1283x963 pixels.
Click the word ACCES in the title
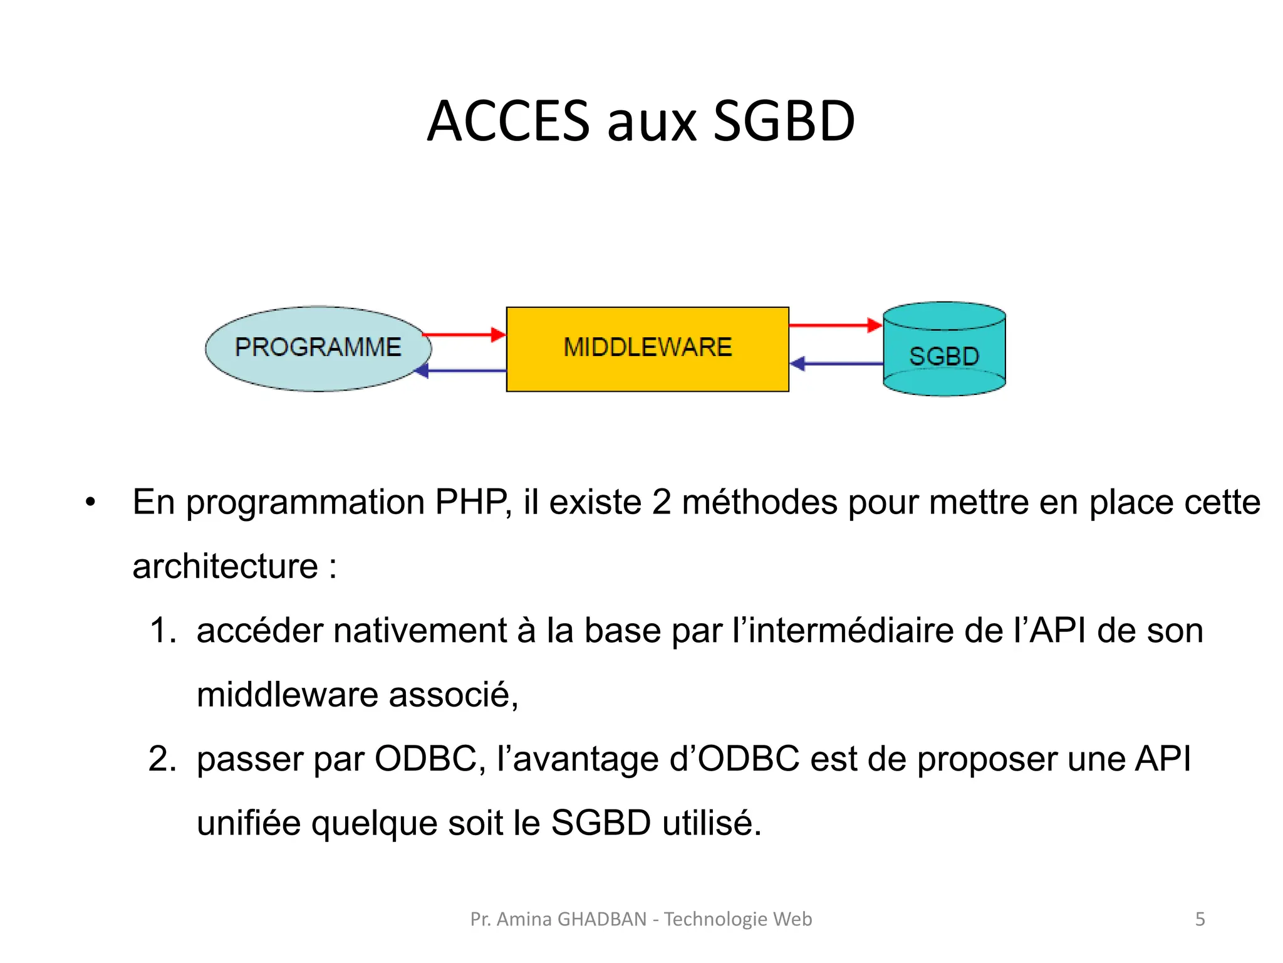508,121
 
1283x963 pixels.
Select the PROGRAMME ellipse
318,348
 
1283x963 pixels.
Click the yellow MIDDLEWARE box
647,349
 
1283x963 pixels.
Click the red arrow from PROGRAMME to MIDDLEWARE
464,335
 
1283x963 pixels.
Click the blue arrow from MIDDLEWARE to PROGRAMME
464,371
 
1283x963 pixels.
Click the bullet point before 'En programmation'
91,503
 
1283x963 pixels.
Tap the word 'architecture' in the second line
225,567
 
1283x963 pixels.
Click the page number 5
1200,919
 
